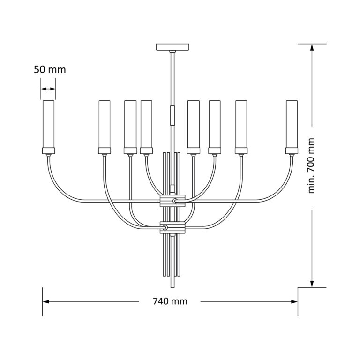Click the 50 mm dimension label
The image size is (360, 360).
(50, 70)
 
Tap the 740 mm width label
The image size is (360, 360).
(170, 301)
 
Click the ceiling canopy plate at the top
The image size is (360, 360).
(173, 47)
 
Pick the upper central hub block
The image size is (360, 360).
(173, 201)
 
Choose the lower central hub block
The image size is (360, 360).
(173, 228)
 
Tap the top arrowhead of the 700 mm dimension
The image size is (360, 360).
(312, 47)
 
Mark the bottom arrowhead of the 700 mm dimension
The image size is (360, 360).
(312, 283)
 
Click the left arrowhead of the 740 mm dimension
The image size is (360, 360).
(46, 301)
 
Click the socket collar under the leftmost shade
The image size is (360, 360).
(48, 150)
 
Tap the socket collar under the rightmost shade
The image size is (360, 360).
(292, 150)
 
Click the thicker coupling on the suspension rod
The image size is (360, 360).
(173, 114)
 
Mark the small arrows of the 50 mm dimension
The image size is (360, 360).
(48, 89)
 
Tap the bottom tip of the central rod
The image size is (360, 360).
(173, 287)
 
